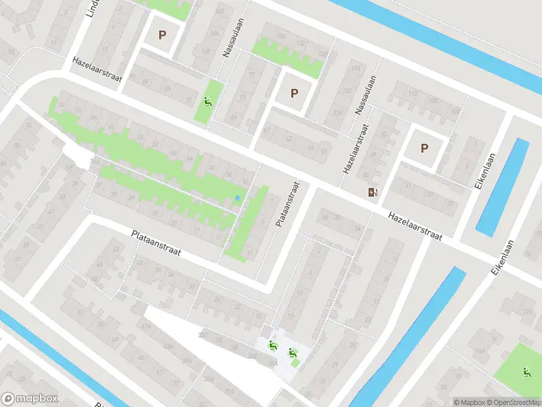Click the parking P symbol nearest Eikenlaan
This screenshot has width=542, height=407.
[x=425, y=149]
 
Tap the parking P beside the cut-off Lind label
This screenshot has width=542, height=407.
[x=161, y=35]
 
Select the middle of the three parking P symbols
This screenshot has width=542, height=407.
[x=294, y=94]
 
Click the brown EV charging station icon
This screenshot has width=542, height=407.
[x=372, y=192]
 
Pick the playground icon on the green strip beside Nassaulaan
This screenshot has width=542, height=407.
[x=208, y=103]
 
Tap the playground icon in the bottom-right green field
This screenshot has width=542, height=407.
[x=526, y=371]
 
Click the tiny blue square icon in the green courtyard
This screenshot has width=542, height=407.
[x=236, y=198]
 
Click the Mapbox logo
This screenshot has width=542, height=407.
[x=29, y=399]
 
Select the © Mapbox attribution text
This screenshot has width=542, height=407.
[x=469, y=402]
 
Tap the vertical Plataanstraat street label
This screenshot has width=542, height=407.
[x=287, y=203]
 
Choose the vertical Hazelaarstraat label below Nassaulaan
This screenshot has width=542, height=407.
[x=356, y=149]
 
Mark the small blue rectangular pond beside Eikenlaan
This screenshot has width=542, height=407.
[x=502, y=187]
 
